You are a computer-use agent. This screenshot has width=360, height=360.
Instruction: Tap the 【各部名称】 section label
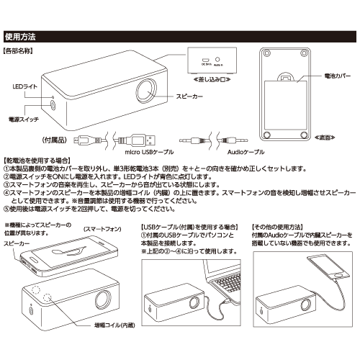tap(23, 52)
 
